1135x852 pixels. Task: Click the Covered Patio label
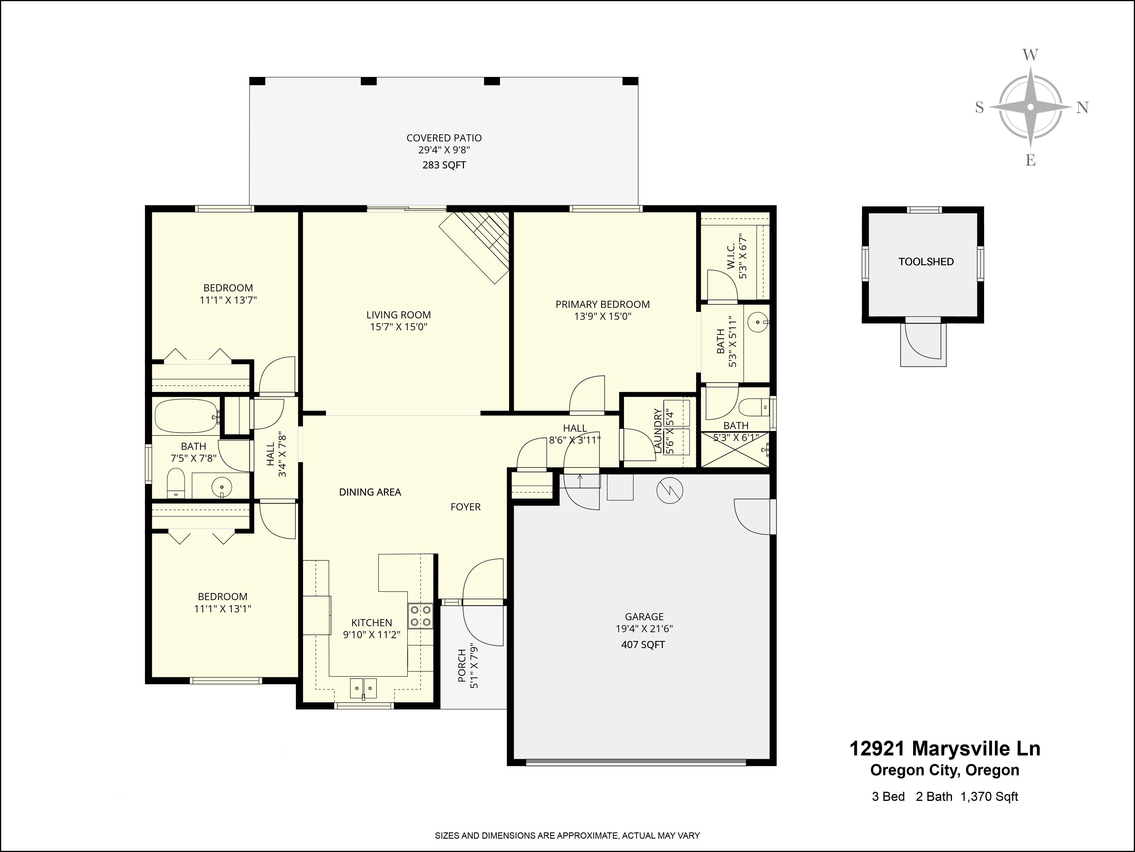tap(444, 138)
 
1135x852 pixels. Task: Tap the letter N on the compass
tap(1082, 107)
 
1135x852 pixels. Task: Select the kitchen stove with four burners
tap(420, 616)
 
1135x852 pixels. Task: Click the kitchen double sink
tap(363, 688)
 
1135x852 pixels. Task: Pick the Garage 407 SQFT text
tap(643, 644)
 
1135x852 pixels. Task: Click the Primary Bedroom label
tap(602, 304)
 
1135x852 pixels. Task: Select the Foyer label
tap(465, 507)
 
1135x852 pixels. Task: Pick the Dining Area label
tap(370, 492)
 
